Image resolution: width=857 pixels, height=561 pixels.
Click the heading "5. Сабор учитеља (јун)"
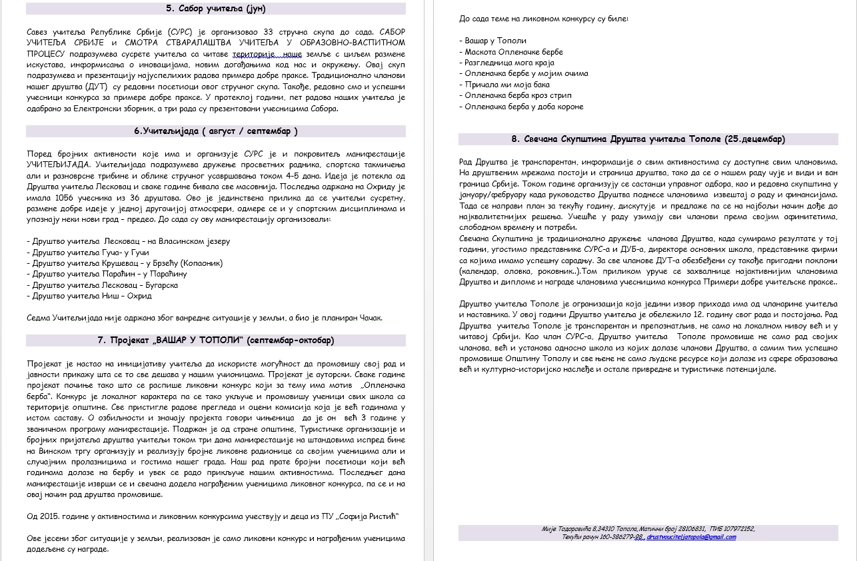pyautogui.click(x=215, y=9)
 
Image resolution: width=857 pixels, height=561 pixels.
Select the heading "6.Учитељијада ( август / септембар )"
pyautogui.click(x=215, y=131)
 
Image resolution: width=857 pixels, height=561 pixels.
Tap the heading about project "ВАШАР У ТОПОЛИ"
pyautogui.click(x=215, y=340)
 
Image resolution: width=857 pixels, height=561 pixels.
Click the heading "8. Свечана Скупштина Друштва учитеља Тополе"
pyautogui.click(x=648, y=139)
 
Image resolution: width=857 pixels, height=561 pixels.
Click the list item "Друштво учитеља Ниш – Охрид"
pyautogui.click(x=89, y=296)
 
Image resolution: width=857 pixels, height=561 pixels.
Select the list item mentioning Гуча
pyautogui.click(x=88, y=253)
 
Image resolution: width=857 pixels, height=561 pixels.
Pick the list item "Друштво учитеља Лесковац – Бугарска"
pyautogui.click(x=102, y=285)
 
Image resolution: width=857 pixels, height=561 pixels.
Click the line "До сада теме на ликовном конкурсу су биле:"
pyautogui.click(x=544, y=19)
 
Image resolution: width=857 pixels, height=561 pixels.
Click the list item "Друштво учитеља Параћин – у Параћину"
pyautogui.click(x=107, y=274)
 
